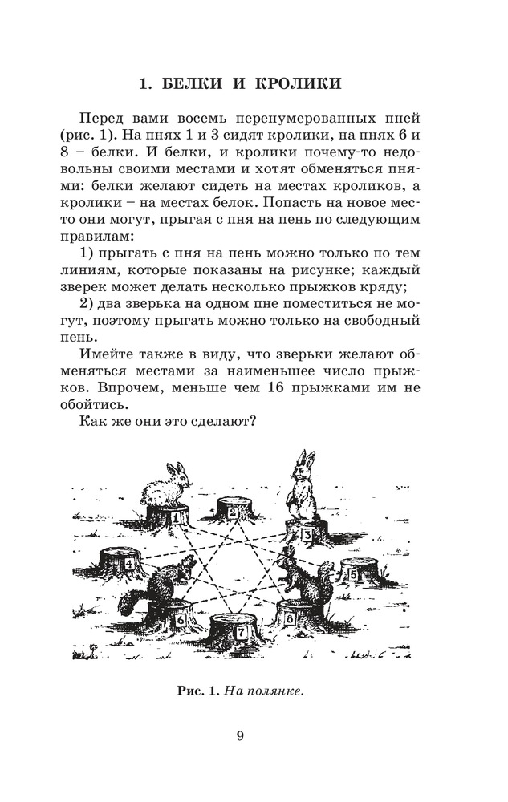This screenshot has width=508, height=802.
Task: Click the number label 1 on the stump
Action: point(175,520)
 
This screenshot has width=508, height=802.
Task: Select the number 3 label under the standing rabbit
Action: point(306,536)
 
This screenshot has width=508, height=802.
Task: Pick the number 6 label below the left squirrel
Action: point(180,619)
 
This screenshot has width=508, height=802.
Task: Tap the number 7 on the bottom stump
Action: point(240,633)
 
